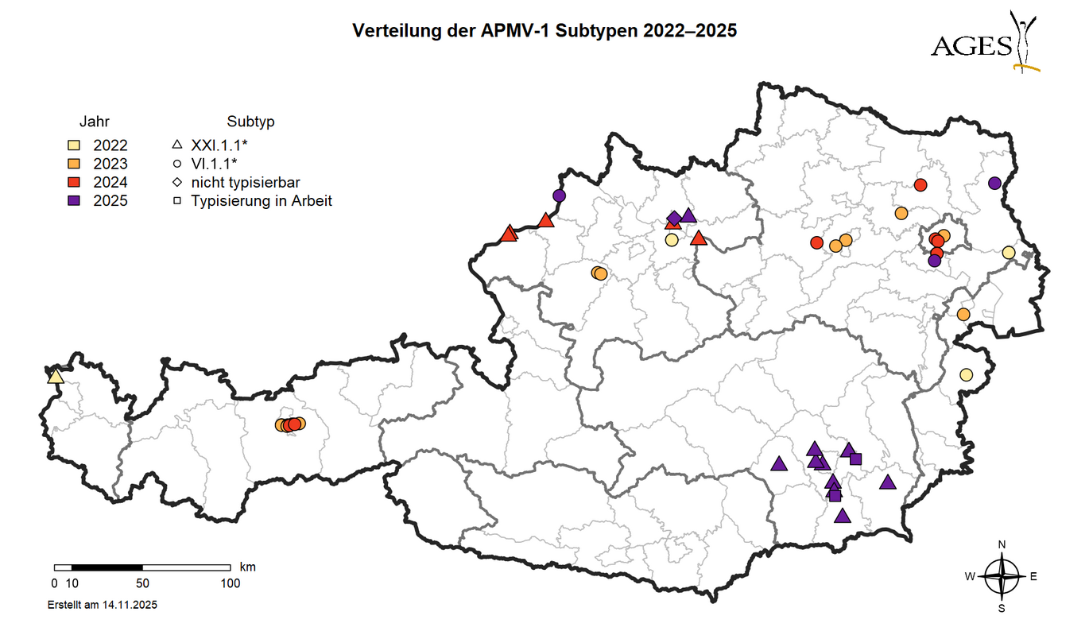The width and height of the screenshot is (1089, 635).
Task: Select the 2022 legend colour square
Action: pyautogui.click(x=73, y=145)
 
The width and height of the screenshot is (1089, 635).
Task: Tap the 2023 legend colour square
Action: pyautogui.click(x=73, y=164)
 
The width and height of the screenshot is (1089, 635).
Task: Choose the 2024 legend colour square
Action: pyautogui.click(x=73, y=182)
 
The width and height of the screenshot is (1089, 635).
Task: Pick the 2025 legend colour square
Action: pyautogui.click(x=73, y=200)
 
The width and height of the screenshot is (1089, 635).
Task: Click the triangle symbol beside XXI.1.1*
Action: pyautogui.click(x=177, y=145)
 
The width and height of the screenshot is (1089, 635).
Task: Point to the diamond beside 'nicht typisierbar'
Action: pyautogui.click(x=177, y=182)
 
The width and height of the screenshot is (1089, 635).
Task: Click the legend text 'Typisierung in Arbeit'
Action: pyautogui.click(x=262, y=200)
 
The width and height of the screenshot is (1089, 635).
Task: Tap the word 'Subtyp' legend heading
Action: pyautogui.click(x=250, y=122)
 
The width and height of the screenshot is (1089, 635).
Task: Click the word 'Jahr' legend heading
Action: pyautogui.click(x=94, y=122)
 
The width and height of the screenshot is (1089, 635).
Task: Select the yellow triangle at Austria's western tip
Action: pyautogui.click(x=56, y=376)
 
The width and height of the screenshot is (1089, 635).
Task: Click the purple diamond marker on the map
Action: pyautogui.click(x=674, y=218)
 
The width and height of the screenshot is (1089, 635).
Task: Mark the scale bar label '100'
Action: pyautogui.click(x=230, y=583)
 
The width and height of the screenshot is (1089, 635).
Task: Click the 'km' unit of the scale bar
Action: pyautogui.click(x=247, y=567)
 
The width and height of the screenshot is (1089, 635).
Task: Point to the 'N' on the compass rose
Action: pyautogui.click(x=1002, y=545)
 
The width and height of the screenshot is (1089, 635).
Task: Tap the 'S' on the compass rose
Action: pyautogui.click(x=1002, y=609)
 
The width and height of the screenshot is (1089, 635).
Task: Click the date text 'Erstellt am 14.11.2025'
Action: pyautogui.click(x=103, y=605)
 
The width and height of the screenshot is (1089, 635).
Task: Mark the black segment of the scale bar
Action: pyautogui.click(x=107, y=567)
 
